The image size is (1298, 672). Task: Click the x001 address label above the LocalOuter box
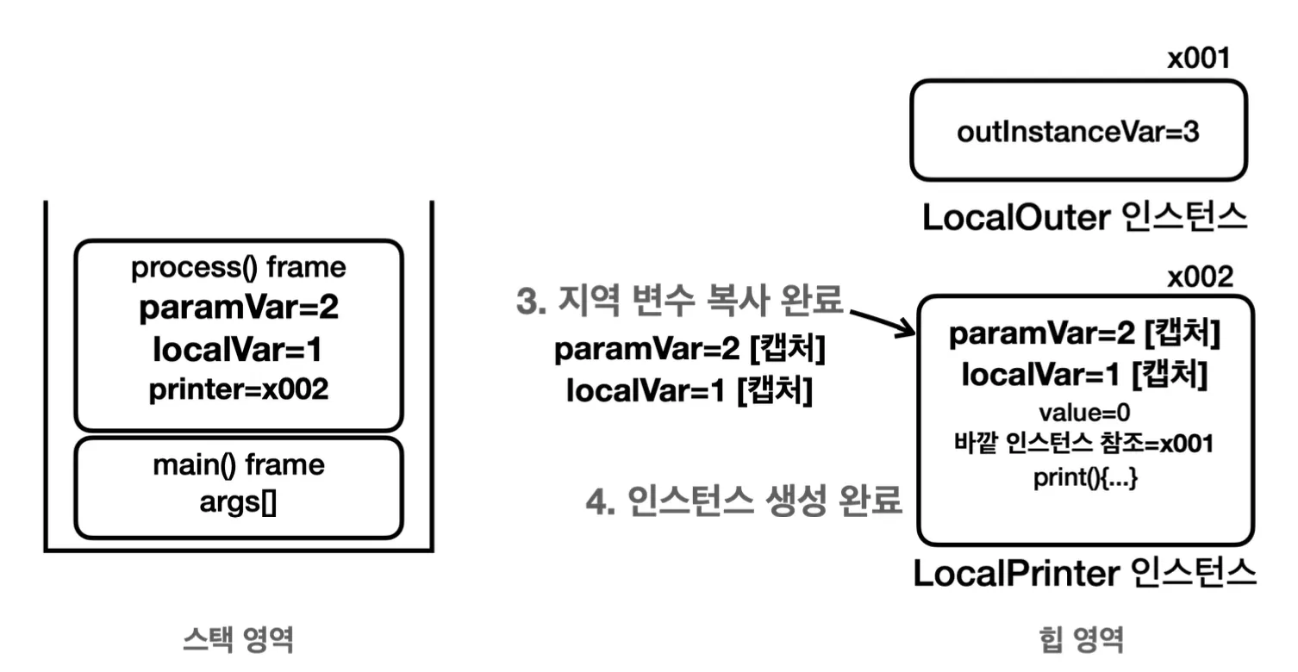click(x=1198, y=59)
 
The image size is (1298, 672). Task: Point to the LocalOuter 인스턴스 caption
click(x=1084, y=218)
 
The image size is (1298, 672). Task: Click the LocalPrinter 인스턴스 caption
click(x=1084, y=573)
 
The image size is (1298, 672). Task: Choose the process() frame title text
click(x=239, y=268)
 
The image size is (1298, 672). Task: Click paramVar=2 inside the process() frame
click(x=239, y=309)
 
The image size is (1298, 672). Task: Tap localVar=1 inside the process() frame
click(x=239, y=351)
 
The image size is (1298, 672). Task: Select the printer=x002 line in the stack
click(x=239, y=389)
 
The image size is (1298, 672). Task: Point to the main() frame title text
click(x=239, y=465)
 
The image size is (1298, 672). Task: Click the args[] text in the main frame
click(x=239, y=502)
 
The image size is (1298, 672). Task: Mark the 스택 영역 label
click(x=239, y=639)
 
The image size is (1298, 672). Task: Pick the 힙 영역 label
click(x=1082, y=639)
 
